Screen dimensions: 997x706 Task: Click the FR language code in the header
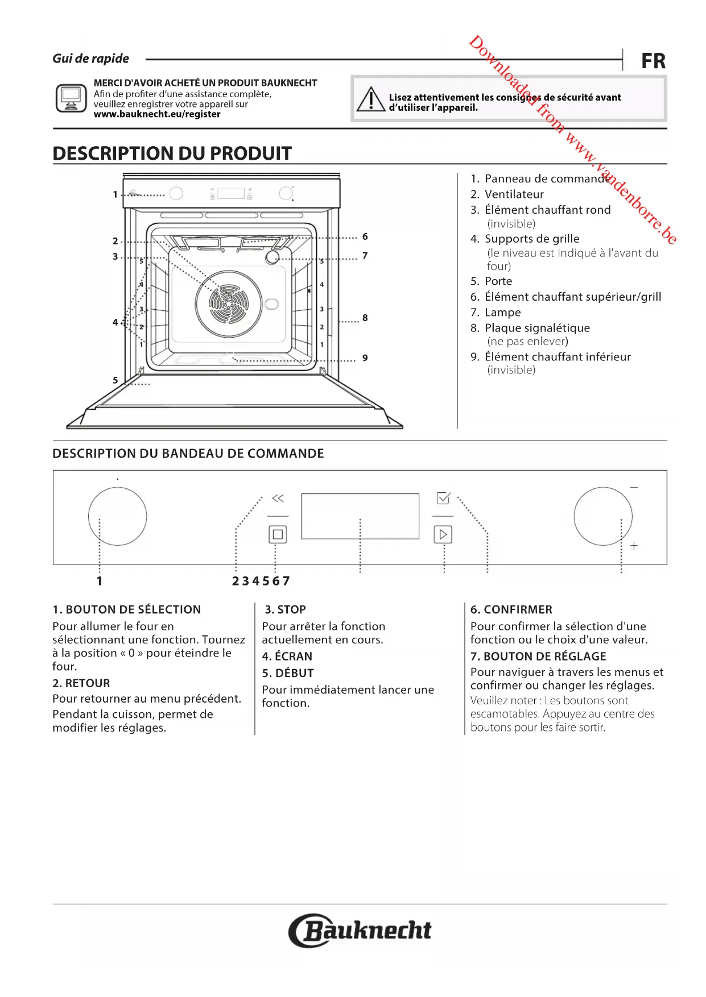(x=653, y=61)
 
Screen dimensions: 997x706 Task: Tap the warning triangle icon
(x=371, y=99)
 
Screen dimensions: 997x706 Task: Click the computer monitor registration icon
(x=71, y=98)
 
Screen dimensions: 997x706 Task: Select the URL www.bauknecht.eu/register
(x=157, y=114)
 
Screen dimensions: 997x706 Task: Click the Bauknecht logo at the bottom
(x=360, y=930)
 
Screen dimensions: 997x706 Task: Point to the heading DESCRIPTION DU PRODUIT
(x=172, y=153)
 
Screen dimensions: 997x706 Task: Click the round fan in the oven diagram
(x=229, y=304)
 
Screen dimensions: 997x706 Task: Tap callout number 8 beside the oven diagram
(x=365, y=318)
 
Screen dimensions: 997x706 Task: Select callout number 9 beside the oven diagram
(x=365, y=358)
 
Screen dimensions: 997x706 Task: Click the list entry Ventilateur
(x=514, y=194)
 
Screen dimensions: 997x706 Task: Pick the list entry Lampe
(x=502, y=313)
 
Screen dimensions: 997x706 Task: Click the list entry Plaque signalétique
(x=537, y=328)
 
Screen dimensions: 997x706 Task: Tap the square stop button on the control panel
(x=278, y=534)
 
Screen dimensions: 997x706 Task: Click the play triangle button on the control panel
(x=443, y=534)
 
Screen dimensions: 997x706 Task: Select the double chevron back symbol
(x=278, y=498)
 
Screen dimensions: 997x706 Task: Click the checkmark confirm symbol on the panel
(x=443, y=498)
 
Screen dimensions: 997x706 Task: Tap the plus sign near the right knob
(x=634, y=546)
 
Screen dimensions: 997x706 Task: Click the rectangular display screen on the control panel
(x=360, y=516)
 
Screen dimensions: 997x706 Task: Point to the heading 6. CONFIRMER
(x=511, y=610)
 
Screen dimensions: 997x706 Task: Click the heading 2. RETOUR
(x=81, y=683)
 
